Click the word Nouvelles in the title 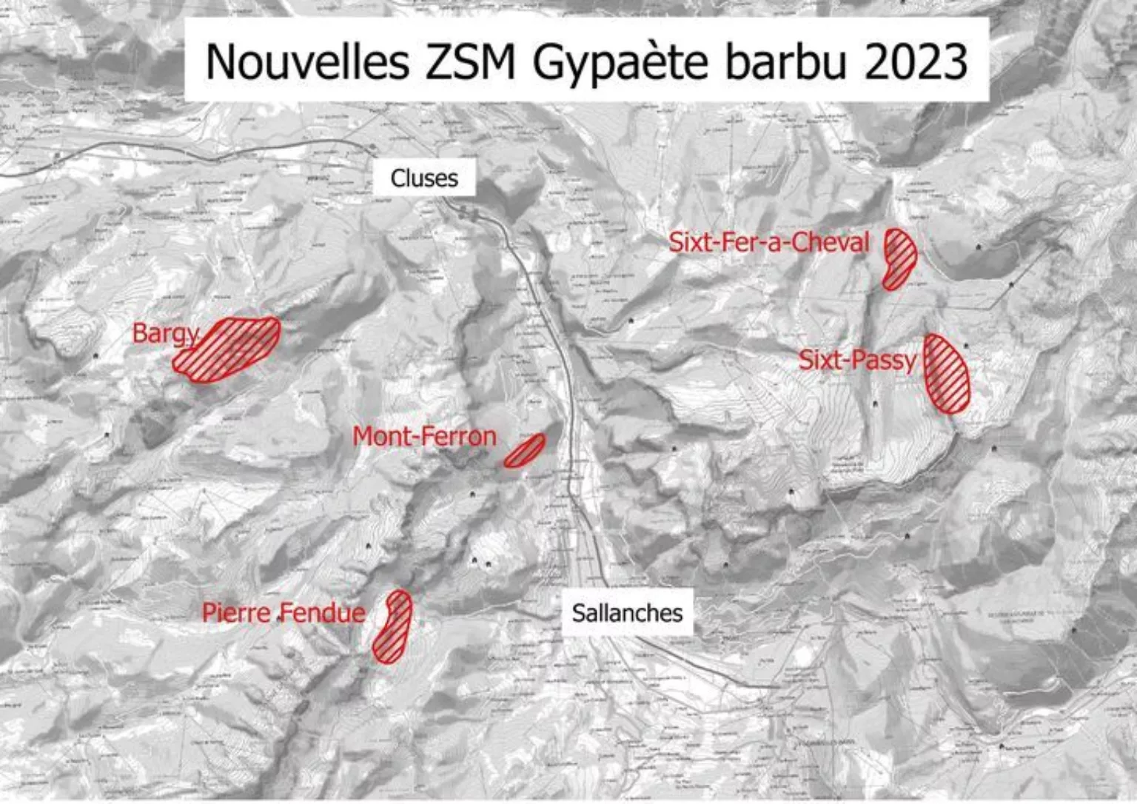pyautogui.click(x=306, y=61)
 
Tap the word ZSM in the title pyautogui.click(x=470, y=61)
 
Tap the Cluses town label pyautogui.click(x=424, y=178)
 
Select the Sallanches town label pyautogui.click(x=627, y=613)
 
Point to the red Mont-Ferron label pyautogui.click(x=424, y=437)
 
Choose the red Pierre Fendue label pyautogui.click(x=284, y=613)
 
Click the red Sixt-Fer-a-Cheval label pyautogui.click(x=769, y=242)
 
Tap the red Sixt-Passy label pyautogui.click(x=857, y=361)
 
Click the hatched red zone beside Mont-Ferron pyautogui.click(x=525, y=450)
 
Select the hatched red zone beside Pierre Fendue pyautogui.click(x=392, y=627)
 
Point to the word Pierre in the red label pyautogui.click(x=237, y=613)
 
